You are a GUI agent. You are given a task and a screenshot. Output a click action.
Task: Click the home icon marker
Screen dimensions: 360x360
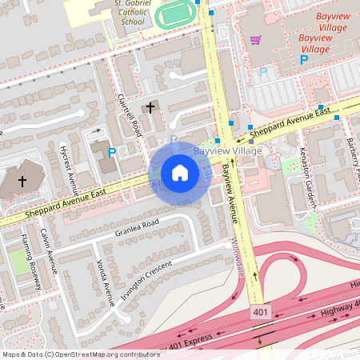180,172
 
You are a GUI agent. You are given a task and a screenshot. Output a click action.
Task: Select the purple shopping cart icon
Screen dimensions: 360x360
255,40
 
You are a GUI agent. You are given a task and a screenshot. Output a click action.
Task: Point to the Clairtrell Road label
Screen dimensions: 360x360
128,115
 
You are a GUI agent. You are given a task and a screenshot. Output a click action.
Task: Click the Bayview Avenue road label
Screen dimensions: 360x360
230,198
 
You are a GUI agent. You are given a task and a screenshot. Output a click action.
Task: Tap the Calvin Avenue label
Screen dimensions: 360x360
50,255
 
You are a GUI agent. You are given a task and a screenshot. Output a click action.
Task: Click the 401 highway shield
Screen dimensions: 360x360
260,311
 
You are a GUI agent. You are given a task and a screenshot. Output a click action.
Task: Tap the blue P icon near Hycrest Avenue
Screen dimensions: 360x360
112,152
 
